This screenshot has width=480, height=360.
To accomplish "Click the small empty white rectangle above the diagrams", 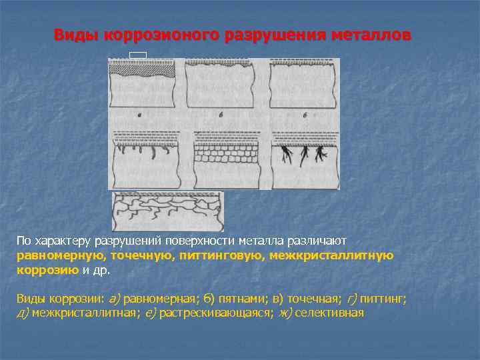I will pos(138,54).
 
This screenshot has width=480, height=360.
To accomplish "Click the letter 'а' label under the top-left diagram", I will pos(139,116).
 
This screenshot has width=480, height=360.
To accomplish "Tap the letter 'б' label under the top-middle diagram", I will pos(221,116).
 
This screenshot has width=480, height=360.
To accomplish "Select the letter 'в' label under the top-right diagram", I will pos(304,116).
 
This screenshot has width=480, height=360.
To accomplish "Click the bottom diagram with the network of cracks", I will pos(167,209).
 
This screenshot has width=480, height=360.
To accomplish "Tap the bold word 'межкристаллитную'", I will pos(331,255).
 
